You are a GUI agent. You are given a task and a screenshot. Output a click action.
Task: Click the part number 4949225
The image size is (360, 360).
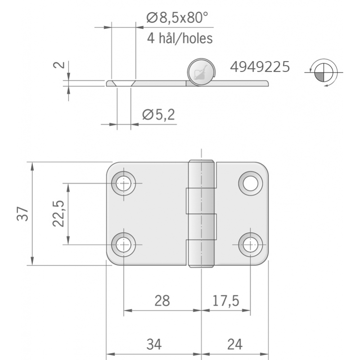coord(260,67)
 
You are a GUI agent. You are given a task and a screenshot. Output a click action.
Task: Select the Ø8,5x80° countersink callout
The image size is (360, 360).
coord(178,18)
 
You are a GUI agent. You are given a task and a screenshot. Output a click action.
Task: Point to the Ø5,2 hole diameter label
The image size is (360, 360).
coord(158,115)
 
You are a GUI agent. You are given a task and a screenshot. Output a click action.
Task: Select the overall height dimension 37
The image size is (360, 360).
coord(23,213)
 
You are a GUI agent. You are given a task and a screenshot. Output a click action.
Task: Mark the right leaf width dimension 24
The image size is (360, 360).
coord(234,344)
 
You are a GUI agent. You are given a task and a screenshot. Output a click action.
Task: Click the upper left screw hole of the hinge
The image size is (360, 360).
coord(124,183)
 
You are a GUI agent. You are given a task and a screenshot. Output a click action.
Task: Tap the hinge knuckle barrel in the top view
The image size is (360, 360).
coord(201,214)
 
